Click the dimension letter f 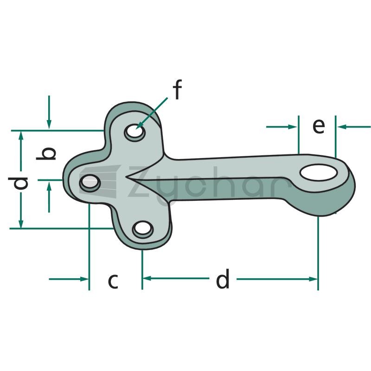pos(177,90)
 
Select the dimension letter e pos(319,126)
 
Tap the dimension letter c pos(113,281)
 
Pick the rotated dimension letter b pos(46,154)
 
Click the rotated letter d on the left pos(18,183)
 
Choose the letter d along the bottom pos(223,279)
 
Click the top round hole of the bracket pos(135,132)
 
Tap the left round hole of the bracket pos(90,183)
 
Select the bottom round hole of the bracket pos(143,229)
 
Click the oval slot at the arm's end pos(319,173)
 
